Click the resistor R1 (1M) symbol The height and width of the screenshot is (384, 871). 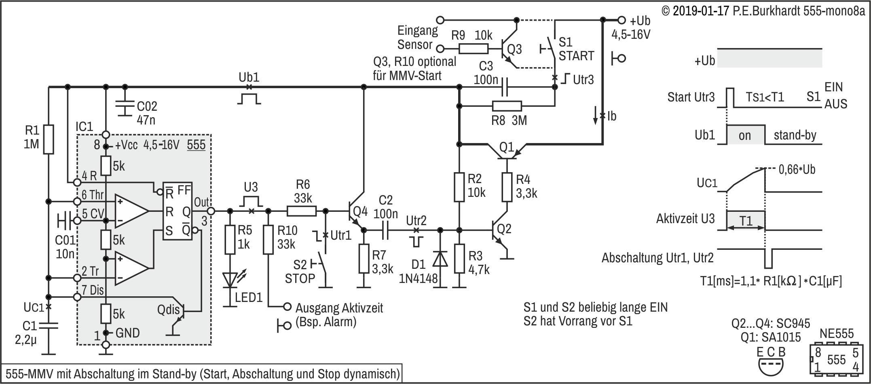(49, 139)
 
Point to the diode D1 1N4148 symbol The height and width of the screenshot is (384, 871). (440, 259)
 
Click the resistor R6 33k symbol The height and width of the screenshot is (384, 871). (302, 211)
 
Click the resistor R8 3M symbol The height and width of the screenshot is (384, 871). (507, 106)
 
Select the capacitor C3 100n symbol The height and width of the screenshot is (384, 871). (504, 87)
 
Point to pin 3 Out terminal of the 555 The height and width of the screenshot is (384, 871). (211, 211)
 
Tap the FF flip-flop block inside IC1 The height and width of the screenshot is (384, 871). (178, 211)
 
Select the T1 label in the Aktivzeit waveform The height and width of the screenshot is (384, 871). (746, 221)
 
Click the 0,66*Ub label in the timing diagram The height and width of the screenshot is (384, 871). (797, 169)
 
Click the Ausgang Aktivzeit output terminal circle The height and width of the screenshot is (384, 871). (287, 306)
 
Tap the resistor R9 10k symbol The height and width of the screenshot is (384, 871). (474, 49)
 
